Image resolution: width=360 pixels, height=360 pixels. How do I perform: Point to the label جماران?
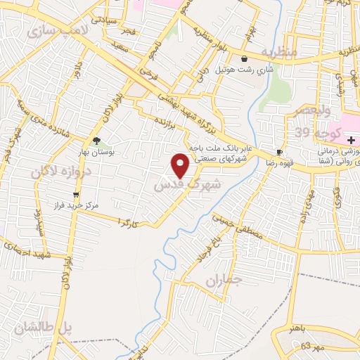click(x=224, y=281)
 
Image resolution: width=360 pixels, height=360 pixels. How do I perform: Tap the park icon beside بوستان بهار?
click(x=96, y=141)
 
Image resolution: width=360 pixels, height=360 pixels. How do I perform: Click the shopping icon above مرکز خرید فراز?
click(x=76, y=195)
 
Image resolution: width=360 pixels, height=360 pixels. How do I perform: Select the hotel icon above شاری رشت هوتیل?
click(x=244, y=59)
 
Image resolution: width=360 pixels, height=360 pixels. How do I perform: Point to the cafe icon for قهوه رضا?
click(x=279, y=153)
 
